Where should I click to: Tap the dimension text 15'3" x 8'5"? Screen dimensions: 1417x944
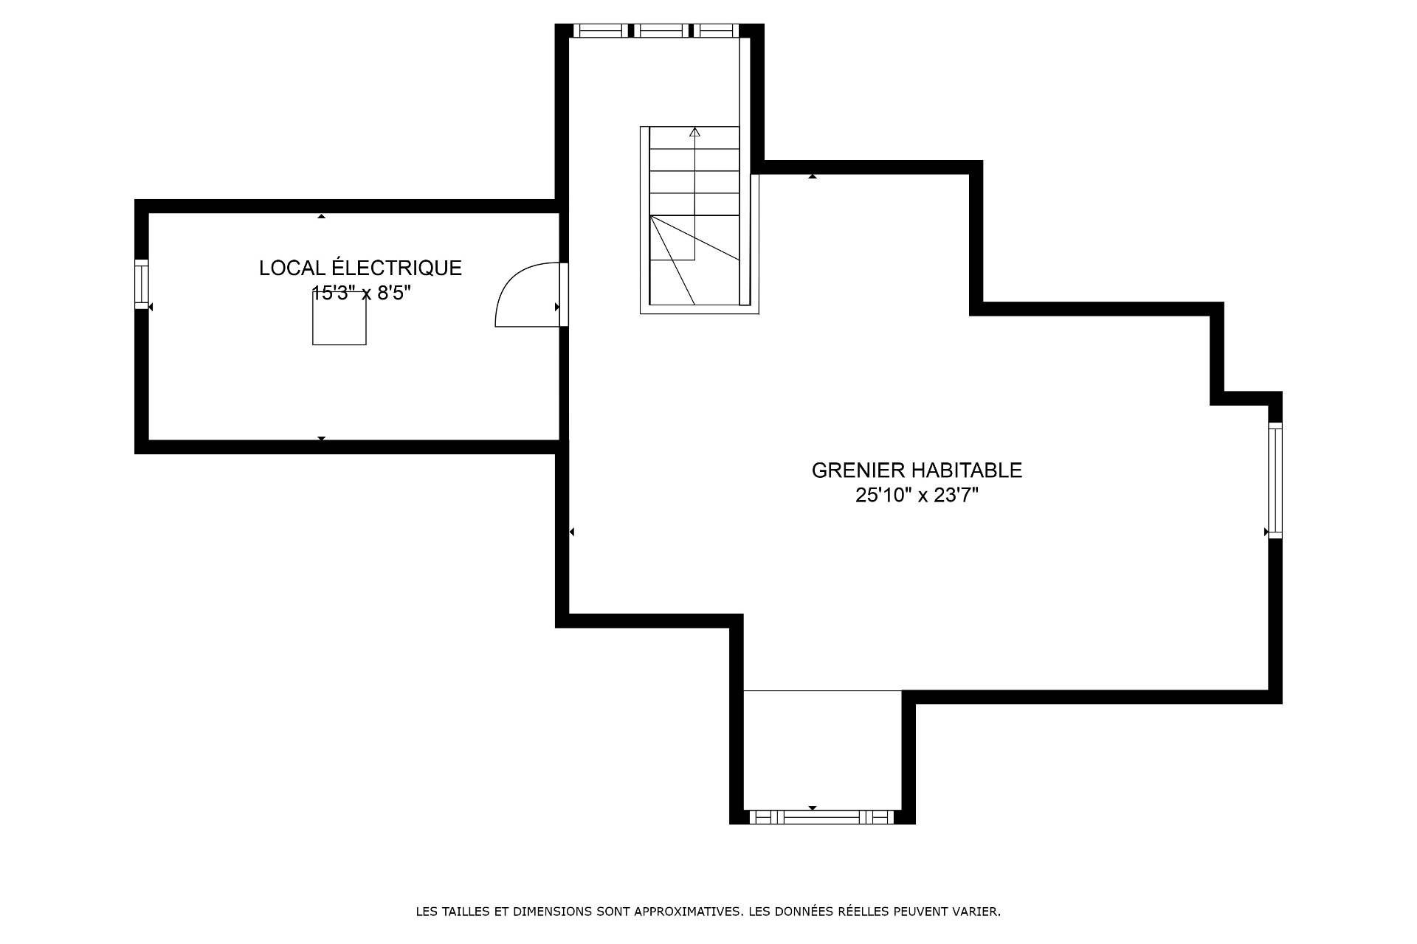(x=361, y=293)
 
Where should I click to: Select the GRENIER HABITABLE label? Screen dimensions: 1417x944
(x=917, y=471)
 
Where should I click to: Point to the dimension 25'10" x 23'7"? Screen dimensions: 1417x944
(x=917, y=496)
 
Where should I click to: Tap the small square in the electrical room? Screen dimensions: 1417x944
(x=339, y=318)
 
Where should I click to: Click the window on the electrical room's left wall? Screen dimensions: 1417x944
(x=141, y=284)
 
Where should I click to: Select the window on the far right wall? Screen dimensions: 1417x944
(x=1275, y=480)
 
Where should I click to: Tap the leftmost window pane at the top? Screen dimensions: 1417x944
(x=601, y=30)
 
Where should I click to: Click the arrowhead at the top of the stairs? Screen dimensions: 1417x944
(x=694, y=133)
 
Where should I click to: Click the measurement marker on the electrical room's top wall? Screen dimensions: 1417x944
(x=321, y=216)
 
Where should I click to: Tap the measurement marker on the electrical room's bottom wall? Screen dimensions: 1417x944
(x=321, y=439)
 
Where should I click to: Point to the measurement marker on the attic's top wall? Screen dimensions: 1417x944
(x=812, y=176)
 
